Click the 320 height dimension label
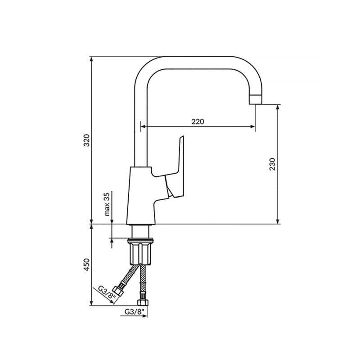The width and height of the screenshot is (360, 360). coord(86,140)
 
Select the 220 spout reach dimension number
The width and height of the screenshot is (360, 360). coord(198,121)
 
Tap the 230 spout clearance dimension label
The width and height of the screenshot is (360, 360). coord(272,164)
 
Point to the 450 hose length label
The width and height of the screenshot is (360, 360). coord(86,265)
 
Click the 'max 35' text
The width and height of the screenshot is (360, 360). coord(107,204)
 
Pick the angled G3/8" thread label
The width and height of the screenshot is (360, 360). coord(107,292)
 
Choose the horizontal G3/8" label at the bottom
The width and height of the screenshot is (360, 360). coord(134,311)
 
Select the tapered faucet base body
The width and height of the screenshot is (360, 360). coord(141,195)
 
